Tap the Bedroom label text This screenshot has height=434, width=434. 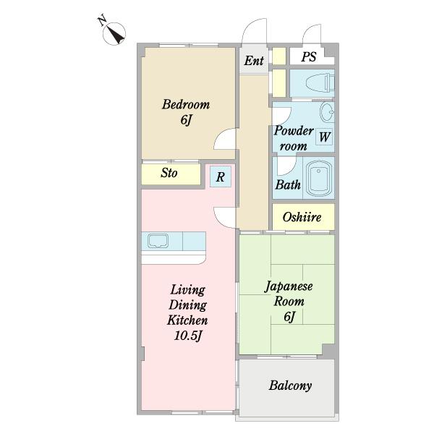point(185,104)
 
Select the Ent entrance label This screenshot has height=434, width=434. point(253,61)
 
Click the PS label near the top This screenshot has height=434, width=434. point(308,57)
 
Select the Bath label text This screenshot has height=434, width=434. point(287,184)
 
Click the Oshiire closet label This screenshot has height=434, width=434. point(302,217)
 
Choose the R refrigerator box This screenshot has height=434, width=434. point(221,176)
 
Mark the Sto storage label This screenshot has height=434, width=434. point(169,174)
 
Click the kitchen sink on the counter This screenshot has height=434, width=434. point(158,241)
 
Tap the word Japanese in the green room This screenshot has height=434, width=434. point(289,286)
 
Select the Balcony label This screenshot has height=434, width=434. point(290,386)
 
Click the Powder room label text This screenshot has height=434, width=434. point(293,138)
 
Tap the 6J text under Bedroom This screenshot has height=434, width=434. point(185,119)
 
